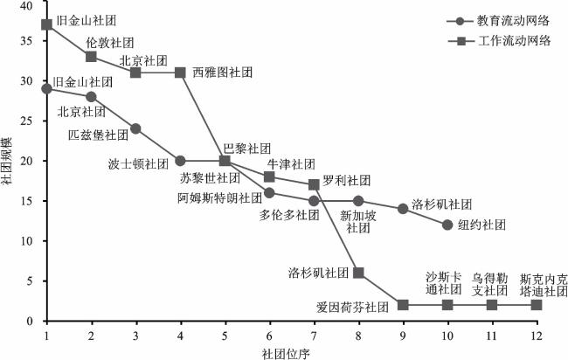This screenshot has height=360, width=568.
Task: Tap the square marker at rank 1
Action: pyautogui.click(x=46, y=24)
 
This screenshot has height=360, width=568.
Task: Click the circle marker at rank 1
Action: pyautogui.click(x=46, y=88)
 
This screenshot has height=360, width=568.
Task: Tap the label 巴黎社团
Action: pyautogui.click(x=247, y=148)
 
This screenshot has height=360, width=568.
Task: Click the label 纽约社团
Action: pyautogui.click(x=482, y=225)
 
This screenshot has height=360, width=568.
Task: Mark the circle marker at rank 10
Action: pyautogui.click(x=447, y=225)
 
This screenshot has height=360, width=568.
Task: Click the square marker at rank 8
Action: pyautogui.click(x=358, y=273)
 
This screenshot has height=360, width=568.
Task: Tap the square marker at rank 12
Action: pyautogui.click(x=537, y=305)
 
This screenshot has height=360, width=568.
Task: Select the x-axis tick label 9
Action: pyautogui.click(x=403, y=333)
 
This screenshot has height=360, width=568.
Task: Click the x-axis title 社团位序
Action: pyautogui.click(x=285, y=351)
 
